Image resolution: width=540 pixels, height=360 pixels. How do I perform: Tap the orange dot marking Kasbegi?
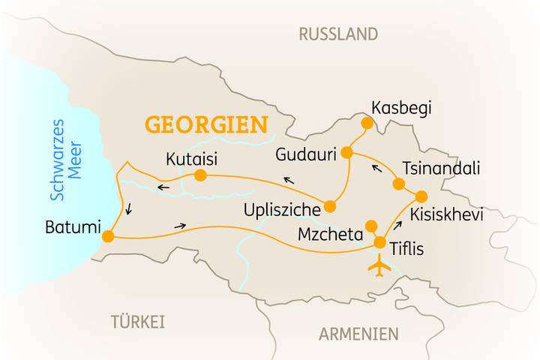tap(367, 123)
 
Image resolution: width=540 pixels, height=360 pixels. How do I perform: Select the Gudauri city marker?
tap(346, 152)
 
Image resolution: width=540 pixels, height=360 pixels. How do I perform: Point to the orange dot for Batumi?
tap(108, 236)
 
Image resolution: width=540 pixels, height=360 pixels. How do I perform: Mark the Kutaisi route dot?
tap(200, 175)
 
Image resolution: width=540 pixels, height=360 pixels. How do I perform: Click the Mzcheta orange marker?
tap(370, 226)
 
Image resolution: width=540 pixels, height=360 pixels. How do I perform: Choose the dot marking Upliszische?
tap(329, 207)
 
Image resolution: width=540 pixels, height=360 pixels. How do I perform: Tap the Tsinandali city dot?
tap(398, 184)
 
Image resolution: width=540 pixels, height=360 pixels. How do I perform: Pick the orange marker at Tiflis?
tap(380, 242)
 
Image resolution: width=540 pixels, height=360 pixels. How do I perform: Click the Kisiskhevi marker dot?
tap(421, 196)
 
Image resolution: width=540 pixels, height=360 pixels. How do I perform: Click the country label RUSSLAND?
tap(338, 34)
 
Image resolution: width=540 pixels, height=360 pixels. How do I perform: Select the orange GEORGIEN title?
tap(206, 124)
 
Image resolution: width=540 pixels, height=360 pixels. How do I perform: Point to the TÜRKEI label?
tap(137, 322)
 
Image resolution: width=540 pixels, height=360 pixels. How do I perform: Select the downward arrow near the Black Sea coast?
tap(129, 209)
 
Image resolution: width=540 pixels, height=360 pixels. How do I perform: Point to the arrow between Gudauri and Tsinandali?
tap(376, 167)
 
